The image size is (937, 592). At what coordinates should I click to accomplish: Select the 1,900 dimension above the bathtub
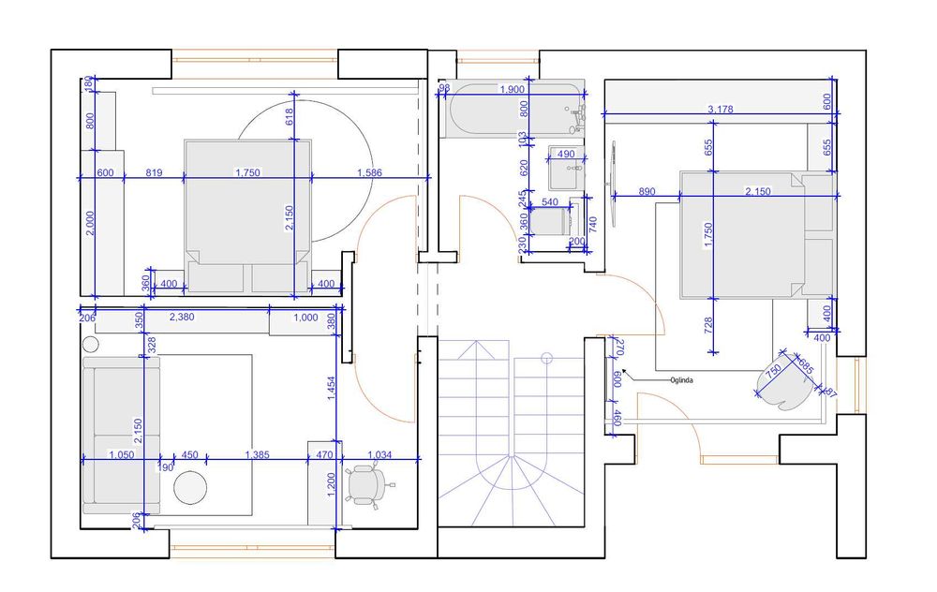click(x=513, y=89)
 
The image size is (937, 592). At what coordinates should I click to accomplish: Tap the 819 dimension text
click(x=155, y=172)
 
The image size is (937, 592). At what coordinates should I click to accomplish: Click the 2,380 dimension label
click(x=181, y=317)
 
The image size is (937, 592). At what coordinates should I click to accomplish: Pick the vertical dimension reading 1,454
click(x=331, y=389)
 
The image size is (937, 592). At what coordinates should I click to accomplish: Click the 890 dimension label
click(x=646, y=191)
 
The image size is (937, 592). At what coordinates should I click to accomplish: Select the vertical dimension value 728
click(x=708, y=325)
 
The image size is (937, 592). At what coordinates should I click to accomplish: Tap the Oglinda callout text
click(x=680, y=379)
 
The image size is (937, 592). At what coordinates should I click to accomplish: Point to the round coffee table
click(x=189, y=487)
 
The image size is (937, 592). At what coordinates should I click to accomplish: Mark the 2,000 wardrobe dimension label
click(x=90, y=222)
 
